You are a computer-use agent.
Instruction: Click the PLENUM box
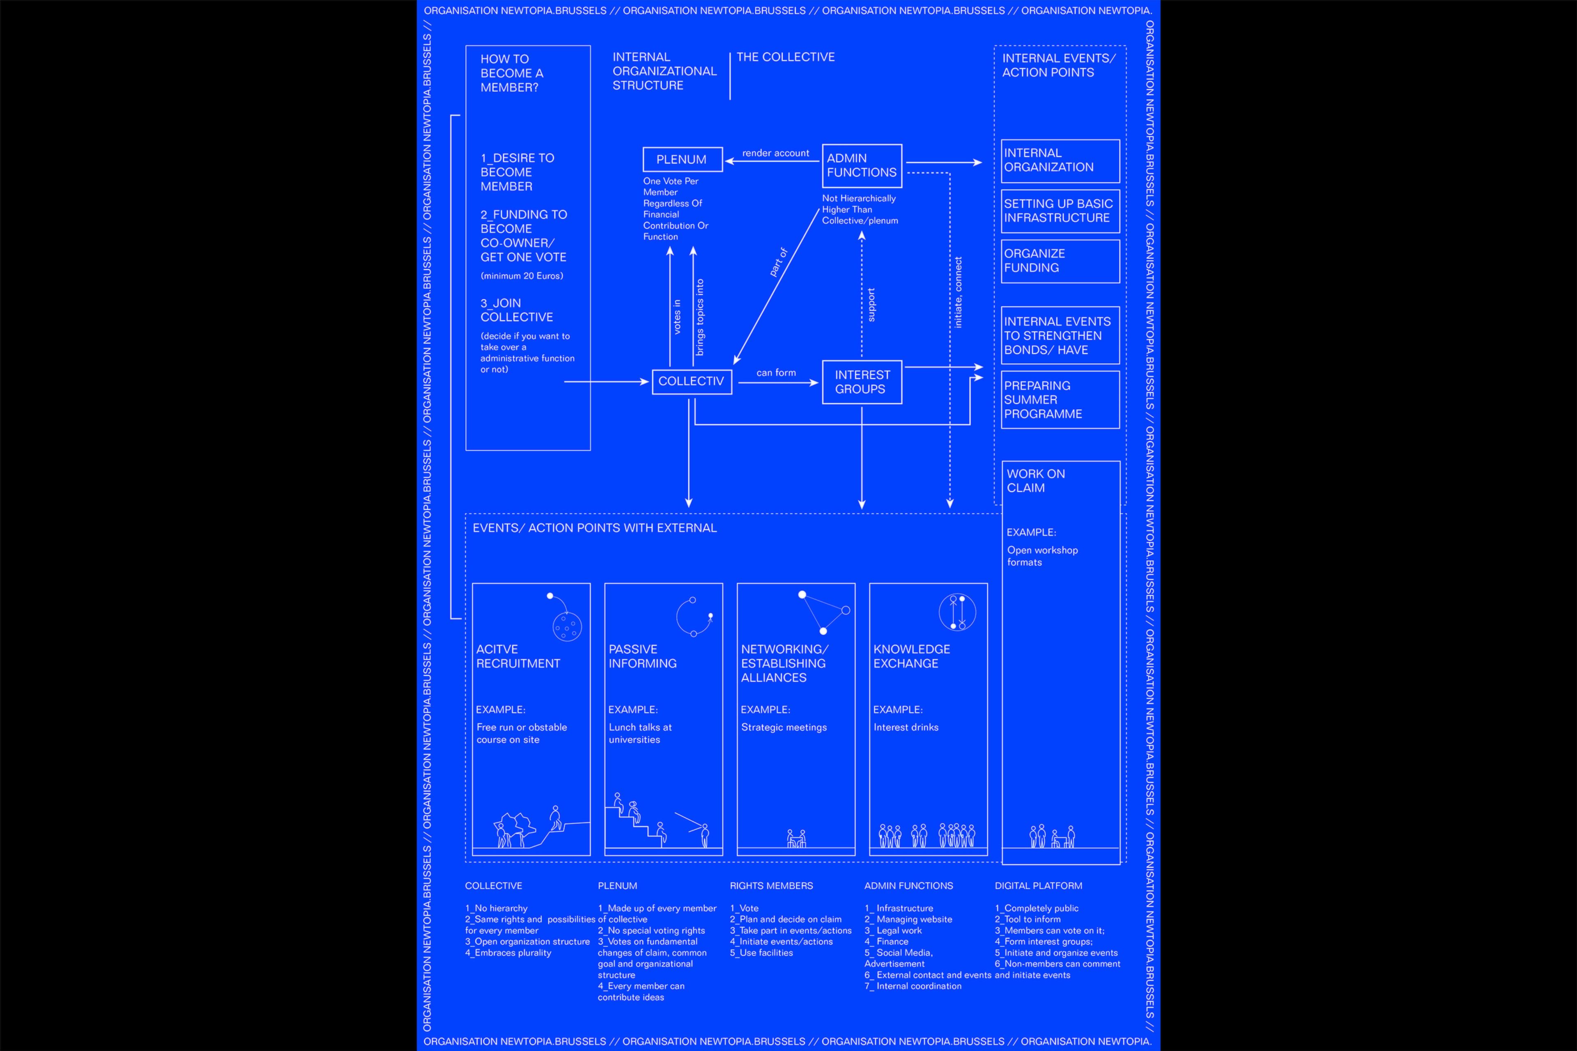pos(682,160)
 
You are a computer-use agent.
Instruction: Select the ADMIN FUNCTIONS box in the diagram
pos(862,165)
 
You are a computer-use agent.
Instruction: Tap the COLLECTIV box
pos(691,381)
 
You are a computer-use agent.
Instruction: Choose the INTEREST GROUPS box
pos(862,382)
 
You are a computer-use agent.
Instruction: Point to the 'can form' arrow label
pos(776,373)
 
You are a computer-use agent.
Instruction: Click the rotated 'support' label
pos(871,305)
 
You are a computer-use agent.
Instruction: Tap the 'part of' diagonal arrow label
pos(779,262)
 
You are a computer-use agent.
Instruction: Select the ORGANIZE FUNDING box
pos(1060,261)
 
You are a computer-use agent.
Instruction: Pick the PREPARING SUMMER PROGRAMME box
pos(1060,399)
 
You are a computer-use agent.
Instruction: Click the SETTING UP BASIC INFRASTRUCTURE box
pos(1060,211)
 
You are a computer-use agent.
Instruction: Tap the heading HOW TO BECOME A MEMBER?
pos(512,73)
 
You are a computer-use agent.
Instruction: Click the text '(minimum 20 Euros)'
pos(522,275)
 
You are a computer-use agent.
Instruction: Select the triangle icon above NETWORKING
pos(823,612)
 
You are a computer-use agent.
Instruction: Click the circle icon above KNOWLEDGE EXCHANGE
pos(957,612)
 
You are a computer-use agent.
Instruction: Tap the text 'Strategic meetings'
pos(784,727)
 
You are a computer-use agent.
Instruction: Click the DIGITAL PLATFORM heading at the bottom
pos(1038,886)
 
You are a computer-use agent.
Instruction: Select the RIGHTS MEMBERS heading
pos(771,886)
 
